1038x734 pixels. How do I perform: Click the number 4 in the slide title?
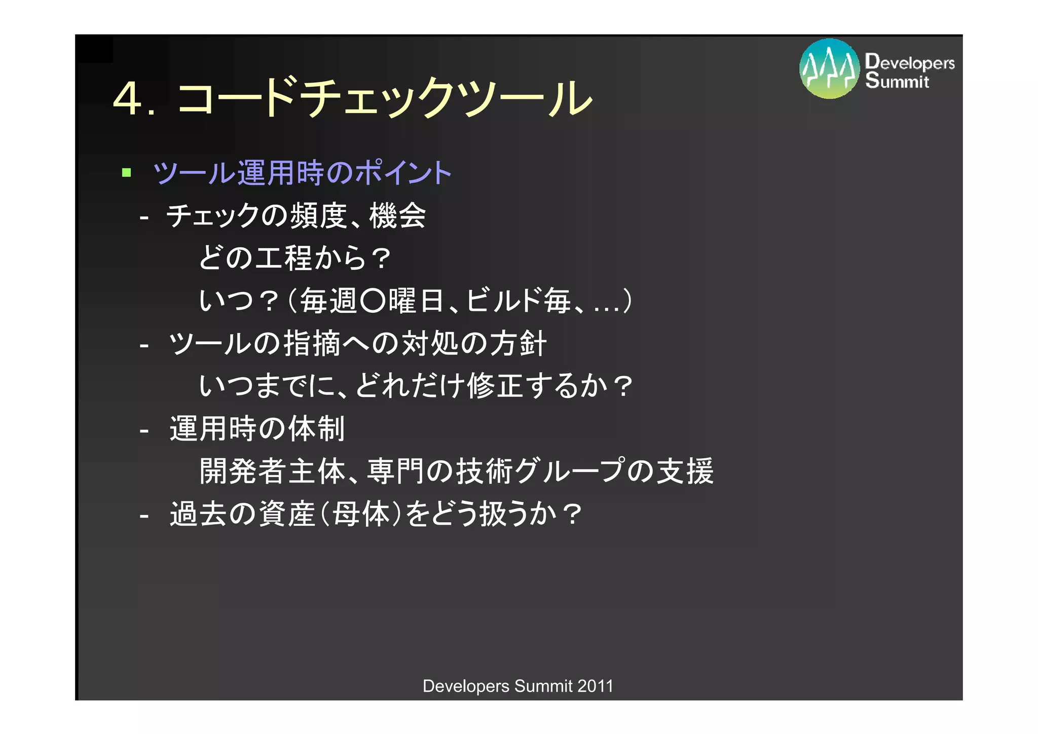click(128, 99)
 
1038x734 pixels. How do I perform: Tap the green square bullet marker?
click(127, 173)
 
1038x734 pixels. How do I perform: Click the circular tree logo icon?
click(829, 69)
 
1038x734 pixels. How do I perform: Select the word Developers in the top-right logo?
click(910, 62)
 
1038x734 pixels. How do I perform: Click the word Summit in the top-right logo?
click(897, 81)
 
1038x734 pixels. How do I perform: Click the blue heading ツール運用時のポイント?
click(302, 173)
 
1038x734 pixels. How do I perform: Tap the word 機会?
click(398, 215)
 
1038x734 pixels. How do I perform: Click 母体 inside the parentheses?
click(361, 514)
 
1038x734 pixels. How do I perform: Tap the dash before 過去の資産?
click(144, 516)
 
